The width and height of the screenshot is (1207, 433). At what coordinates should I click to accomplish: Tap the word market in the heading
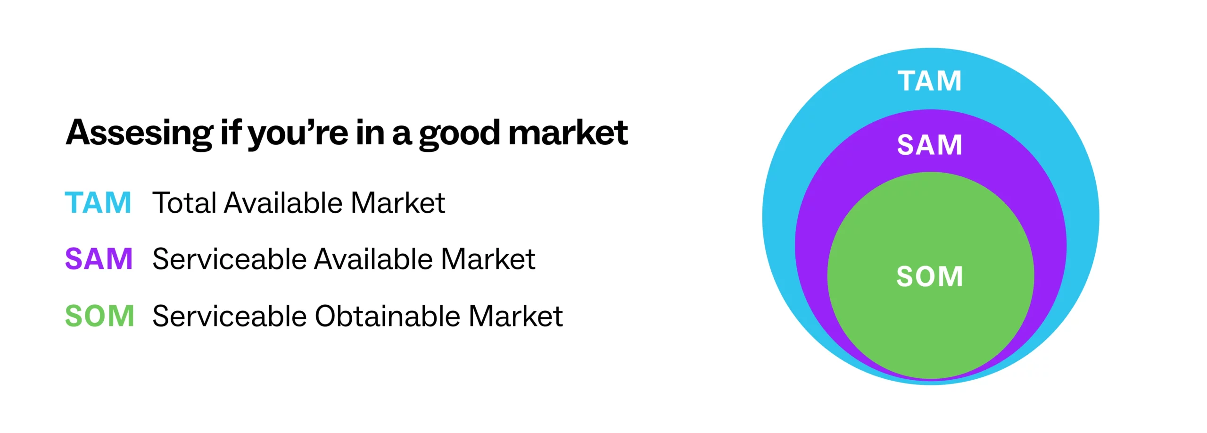coord(568,133)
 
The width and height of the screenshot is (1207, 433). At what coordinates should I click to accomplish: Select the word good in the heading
coord(459,135)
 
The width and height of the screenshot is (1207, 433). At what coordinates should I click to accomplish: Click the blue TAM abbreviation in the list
coord(98,203)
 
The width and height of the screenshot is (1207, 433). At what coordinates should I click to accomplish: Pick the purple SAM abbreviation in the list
coord(99,259)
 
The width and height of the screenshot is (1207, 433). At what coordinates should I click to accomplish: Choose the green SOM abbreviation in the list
coord(99,316)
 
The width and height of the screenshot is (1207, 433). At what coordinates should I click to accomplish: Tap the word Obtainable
coord(387,316)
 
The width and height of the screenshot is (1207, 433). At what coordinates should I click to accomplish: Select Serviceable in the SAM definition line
coord(230,259)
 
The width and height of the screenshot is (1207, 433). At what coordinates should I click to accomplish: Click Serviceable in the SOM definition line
coord(230,316)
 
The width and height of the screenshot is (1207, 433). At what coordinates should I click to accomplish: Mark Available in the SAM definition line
coord(374,259)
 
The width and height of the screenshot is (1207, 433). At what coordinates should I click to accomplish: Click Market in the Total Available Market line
coord(398,203)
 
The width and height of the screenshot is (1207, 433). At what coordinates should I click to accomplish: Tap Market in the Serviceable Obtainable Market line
coord(516,316)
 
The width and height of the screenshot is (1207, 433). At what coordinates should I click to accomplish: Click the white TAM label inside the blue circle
coord(929,81)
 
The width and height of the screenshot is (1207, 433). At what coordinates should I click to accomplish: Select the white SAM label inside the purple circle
coord(929,144)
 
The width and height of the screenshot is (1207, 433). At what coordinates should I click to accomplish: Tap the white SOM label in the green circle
coord(929,276)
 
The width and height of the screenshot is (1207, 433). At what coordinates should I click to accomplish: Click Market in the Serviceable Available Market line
coord(488,259)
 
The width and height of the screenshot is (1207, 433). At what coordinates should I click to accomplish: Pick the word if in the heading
coord(231,132)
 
